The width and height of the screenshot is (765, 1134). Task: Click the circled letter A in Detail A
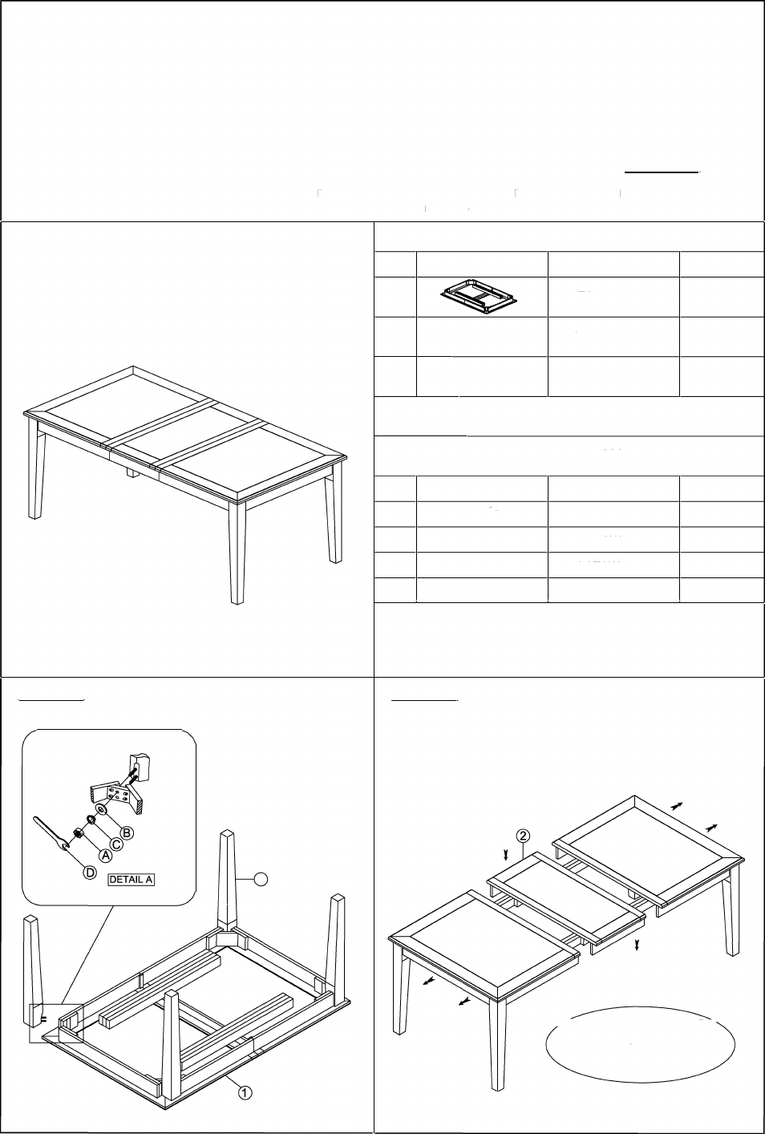(105, 855)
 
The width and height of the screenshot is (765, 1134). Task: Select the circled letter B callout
(127, 832)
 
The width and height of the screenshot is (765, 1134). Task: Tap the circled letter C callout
(116, 844)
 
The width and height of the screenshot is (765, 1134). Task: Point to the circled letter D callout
(90, 873)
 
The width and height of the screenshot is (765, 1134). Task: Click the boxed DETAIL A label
(132, 879)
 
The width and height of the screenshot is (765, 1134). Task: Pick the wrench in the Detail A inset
(51, 832)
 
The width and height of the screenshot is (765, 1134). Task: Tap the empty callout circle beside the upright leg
(261, 879)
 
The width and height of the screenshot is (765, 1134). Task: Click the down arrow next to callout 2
(506, 855)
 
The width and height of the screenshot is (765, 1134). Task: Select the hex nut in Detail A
(79, 832)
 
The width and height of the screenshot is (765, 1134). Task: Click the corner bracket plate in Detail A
(117, 796)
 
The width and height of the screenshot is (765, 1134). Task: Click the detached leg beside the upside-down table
(34, 973)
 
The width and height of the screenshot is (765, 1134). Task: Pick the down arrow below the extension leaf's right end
(637, 944)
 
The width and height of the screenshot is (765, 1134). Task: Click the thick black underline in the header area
(662, 172)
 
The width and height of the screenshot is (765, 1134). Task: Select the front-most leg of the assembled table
(237, 553)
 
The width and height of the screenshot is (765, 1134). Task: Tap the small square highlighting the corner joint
(55, 1023)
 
